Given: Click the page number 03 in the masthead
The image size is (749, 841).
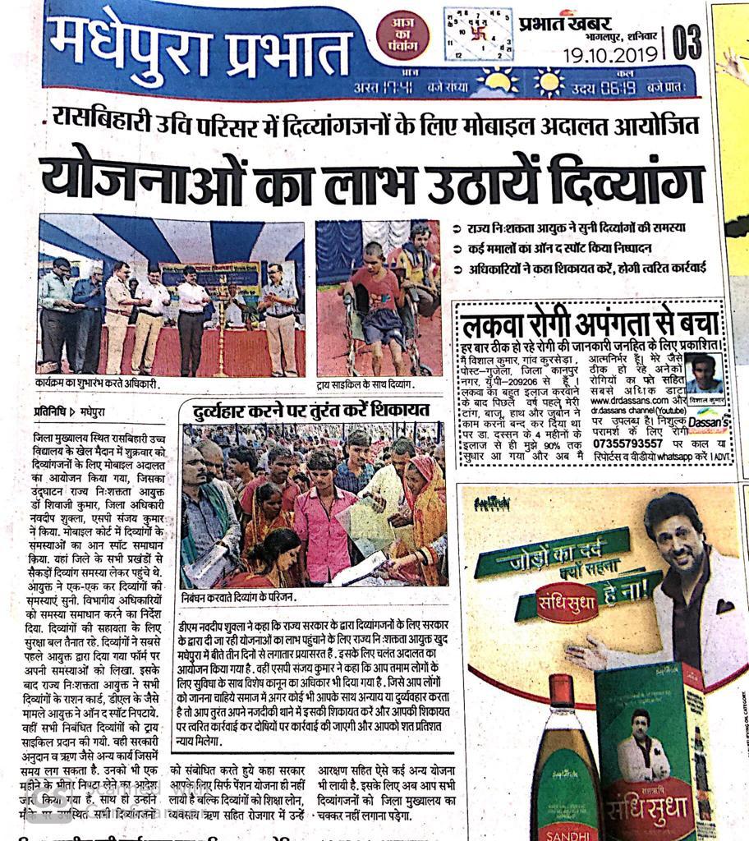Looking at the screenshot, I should coord(687,41).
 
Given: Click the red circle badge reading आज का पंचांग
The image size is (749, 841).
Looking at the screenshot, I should coord(402,35).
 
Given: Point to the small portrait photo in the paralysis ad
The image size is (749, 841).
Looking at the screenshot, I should coord(704,374).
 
